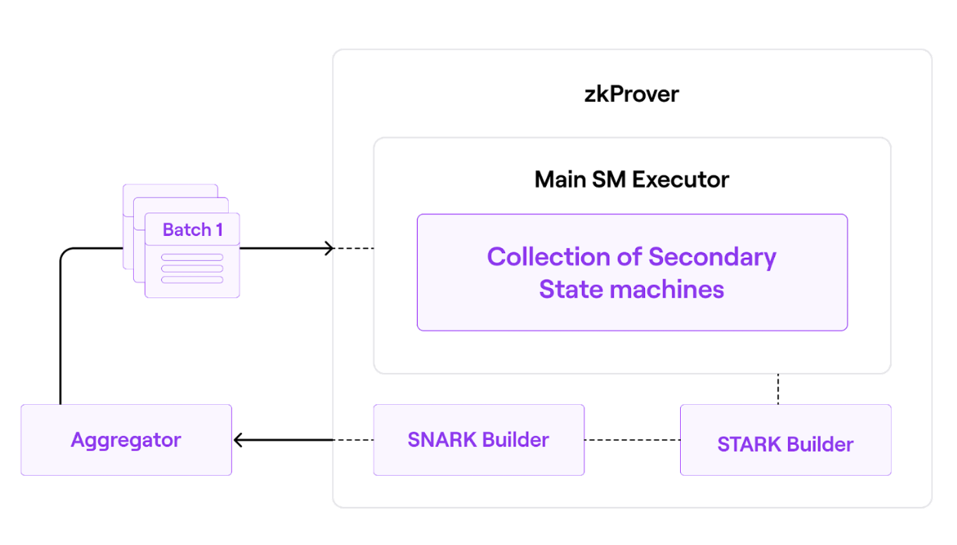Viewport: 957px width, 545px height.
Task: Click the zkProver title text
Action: (631, 94)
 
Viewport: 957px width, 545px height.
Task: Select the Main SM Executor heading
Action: (631, 179)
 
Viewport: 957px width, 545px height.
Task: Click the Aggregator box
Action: (126, 440)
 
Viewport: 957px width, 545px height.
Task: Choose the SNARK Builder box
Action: (478, 440)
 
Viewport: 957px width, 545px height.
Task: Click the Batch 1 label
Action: (192, 230)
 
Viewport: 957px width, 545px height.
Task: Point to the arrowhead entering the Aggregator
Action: (239, 440)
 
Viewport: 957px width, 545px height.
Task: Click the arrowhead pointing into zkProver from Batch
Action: (329, 248)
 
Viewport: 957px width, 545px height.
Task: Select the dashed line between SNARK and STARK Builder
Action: (632, 440)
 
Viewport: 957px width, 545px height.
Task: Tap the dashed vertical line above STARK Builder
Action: (778, 389)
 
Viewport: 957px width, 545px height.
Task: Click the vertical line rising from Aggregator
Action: (60, 335)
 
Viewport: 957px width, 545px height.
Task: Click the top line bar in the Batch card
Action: (192, 258)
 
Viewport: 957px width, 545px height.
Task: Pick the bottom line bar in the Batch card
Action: (192, 280)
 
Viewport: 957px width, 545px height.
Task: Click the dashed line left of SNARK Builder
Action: (354, 440)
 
